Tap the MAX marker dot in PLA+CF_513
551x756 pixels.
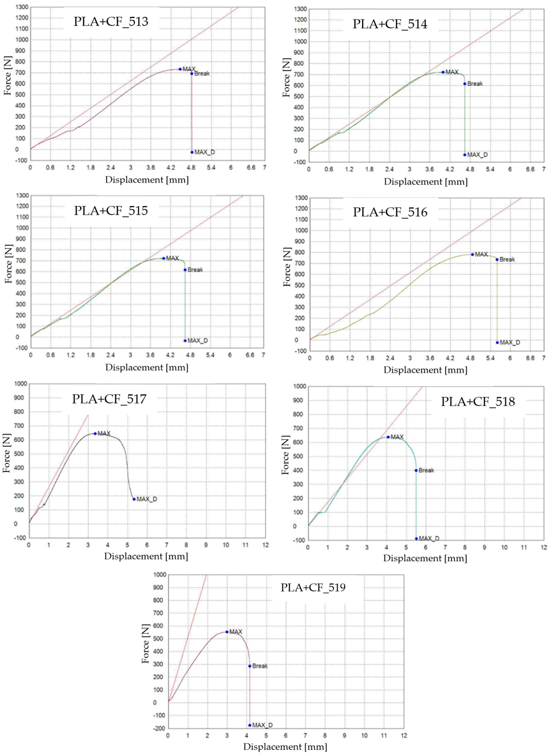click(180, 69)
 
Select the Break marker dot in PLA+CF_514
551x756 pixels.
click(465, 84)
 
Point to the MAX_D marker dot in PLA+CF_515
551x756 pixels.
click(185, 341)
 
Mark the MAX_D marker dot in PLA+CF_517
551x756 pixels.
click(134, 499)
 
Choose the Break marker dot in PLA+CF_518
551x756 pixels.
click(416, 470)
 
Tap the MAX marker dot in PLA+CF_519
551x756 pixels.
click(227, 632)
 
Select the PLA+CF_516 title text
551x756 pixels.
click(390, 212)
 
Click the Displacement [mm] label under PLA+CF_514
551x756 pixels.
click(426, 182)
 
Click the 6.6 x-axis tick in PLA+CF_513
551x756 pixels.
click(251, 168)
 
